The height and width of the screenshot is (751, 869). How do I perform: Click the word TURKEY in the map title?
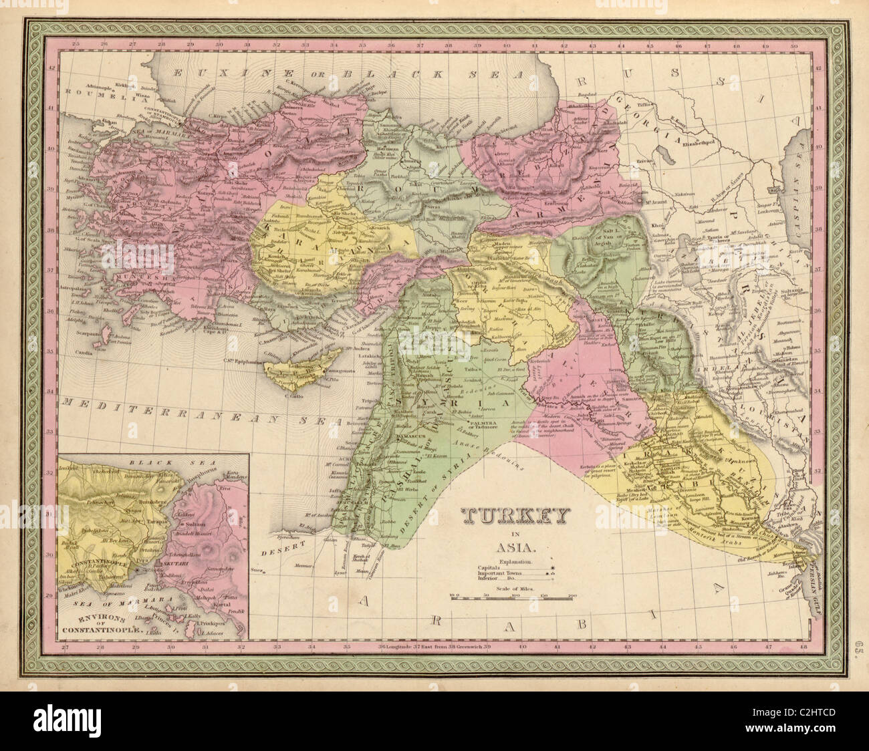(x=515, y=516)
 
